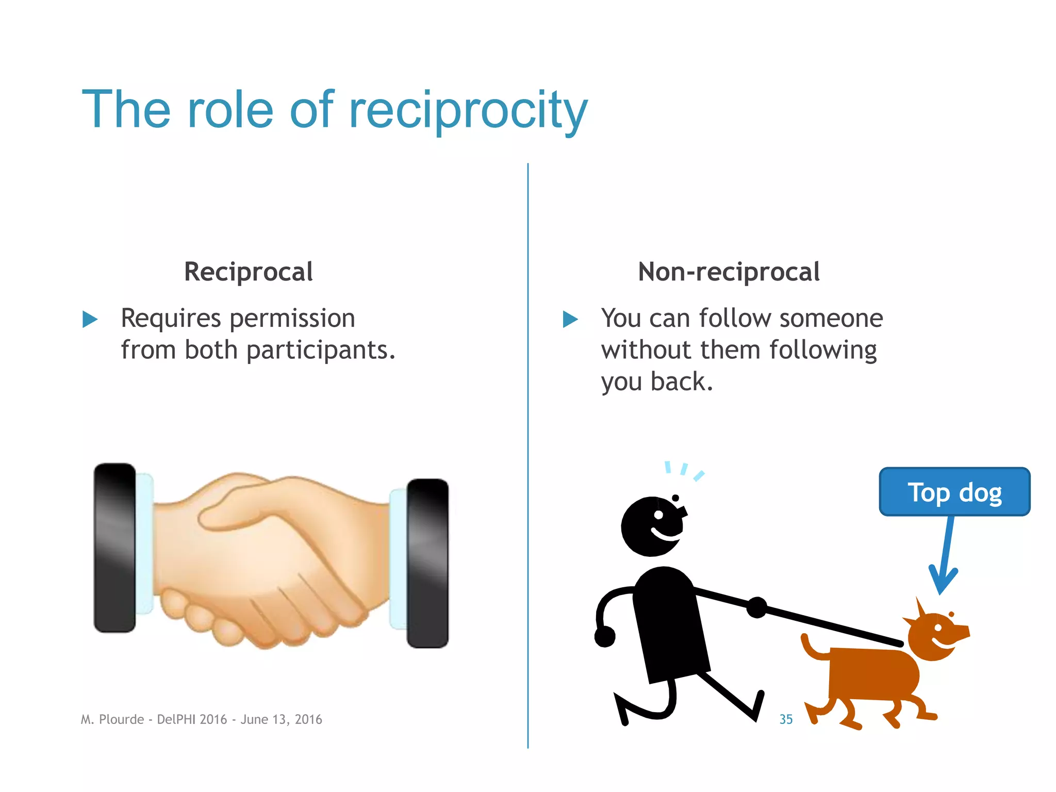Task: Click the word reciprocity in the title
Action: pos(468,111)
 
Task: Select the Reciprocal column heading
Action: pos(248,272)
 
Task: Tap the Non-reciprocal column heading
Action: pos(728,272)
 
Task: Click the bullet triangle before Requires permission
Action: pos(90,319)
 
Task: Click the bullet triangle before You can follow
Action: pos(570,319)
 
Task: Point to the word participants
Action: pos(320,351)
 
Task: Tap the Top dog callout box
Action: pos(954,492)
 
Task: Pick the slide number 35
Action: pos(786,719)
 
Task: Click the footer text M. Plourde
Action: pos(112,719)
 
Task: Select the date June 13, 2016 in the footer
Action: pos(281,719)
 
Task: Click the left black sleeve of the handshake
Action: pos(114,548)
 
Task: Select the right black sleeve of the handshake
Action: pos(427,563)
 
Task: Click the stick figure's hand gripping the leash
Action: pos(756,607)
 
